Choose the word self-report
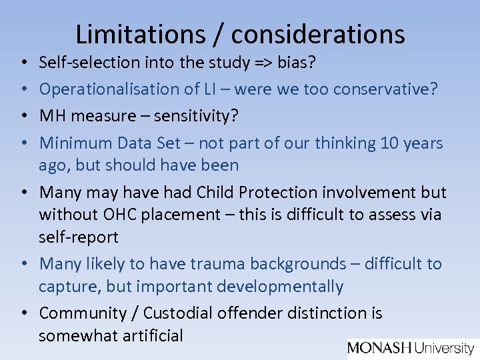point(79,237)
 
